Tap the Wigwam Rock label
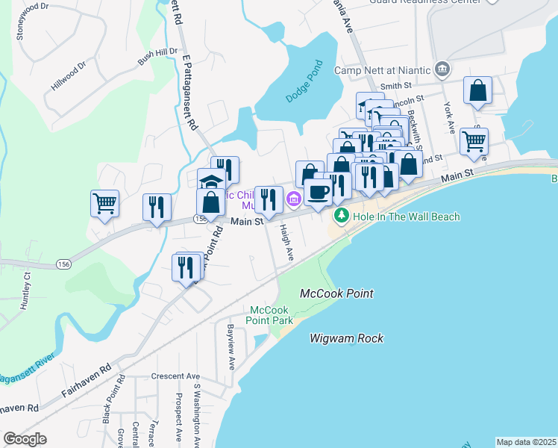coord(347,338)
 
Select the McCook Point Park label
coord(269,314)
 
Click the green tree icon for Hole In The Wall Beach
coord(342,216)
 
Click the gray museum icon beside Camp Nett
coord(442,69)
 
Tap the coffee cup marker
coord(319,193)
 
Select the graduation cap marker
coord(211,181)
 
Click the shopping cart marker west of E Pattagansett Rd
coord(104,202)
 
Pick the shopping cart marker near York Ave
coord(474,140)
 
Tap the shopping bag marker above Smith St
coord(477,90)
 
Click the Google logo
coord(25,439)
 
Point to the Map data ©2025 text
coord(525,442)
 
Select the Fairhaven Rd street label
coord(87,375)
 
